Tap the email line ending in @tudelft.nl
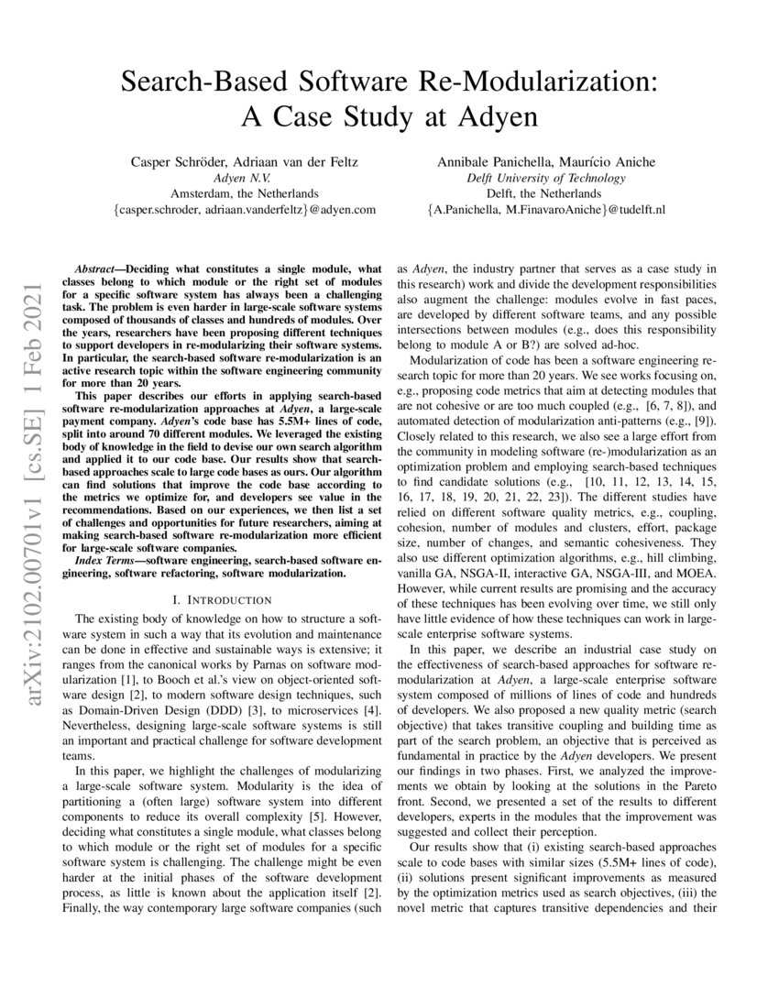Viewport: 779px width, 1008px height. [545, 210]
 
